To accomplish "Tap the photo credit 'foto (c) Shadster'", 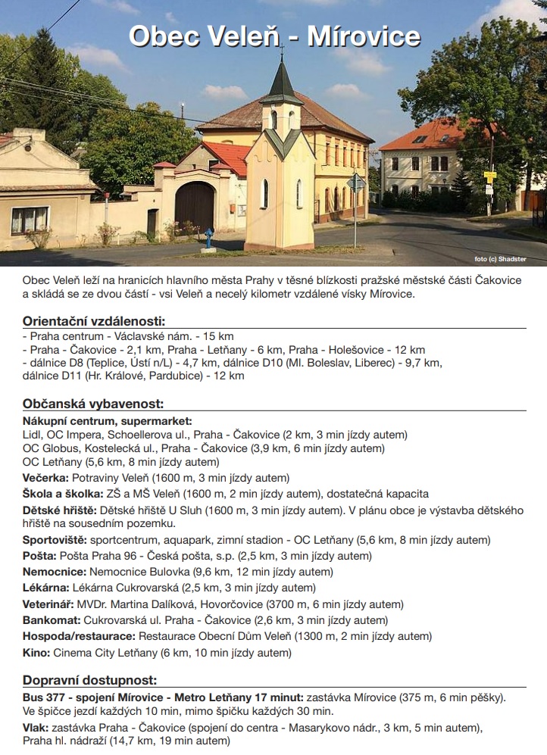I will click(x=500, y=259).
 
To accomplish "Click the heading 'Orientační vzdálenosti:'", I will click(x=94, y=320).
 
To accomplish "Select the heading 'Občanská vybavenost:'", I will click(x=93, y=404).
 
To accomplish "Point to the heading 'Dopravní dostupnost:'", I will click(x=89, y=680).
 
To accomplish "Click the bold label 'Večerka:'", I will click(x=46, y=478).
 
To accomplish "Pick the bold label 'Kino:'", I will click(x=36, y=652).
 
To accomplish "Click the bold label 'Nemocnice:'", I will click(x=54, y=572).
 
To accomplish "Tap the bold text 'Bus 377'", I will click(x=45, y=697).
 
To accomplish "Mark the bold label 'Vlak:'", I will click(x=36, y=728).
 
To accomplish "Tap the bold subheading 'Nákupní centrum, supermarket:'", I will click(x=107, y=420).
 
